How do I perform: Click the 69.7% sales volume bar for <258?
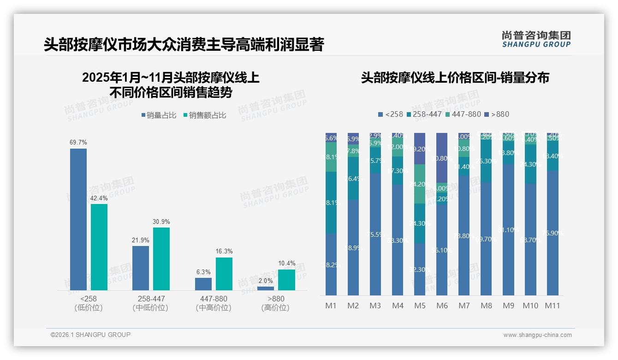[78, 219]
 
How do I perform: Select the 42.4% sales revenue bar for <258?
[99, 247]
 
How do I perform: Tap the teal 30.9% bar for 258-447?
[161, 258]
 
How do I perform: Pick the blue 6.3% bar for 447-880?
[203, 284]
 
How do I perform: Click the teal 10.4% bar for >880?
[286, 280]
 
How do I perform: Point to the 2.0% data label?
[266, 281]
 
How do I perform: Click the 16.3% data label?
[224, 252]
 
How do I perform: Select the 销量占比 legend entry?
[159, 115]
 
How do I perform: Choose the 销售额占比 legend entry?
[205, 115]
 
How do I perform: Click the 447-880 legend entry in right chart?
[463, 114]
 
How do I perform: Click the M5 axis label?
[420, 306]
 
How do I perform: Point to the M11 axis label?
[553, 306]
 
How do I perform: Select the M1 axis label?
[331, 306]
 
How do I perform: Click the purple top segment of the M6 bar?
[442, 157]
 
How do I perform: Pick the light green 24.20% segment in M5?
[420, 184]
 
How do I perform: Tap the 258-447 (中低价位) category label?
[151, 303]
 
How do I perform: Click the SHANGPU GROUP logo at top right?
[536, 39]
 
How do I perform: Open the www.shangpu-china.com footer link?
[537, 335]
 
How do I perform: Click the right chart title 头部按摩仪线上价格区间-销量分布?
[455, 78]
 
